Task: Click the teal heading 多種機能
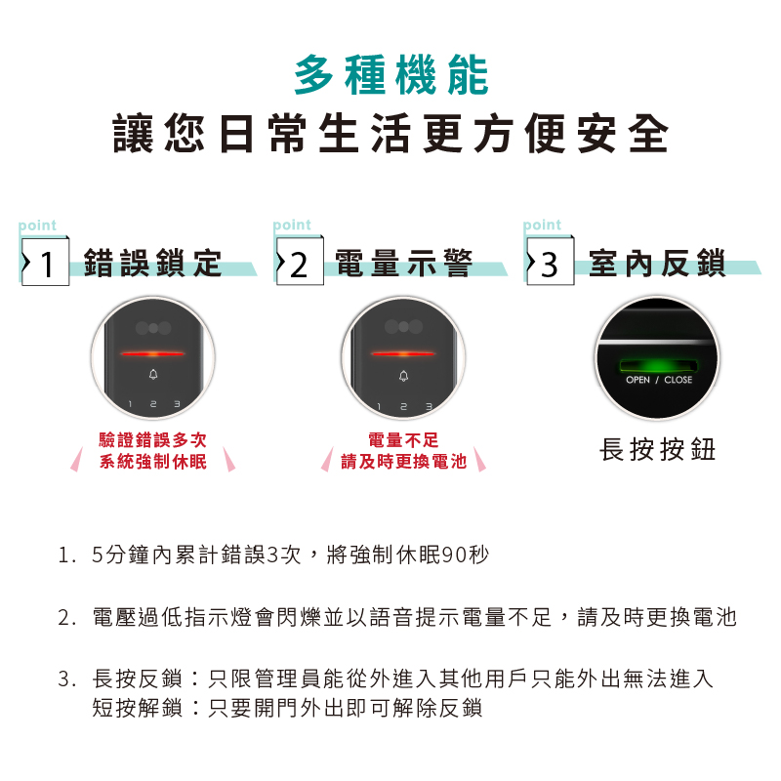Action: (391, 75)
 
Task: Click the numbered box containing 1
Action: (45, 262)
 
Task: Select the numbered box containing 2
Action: (300, 262)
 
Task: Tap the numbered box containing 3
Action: (551, 262)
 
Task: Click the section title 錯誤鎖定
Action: (152, 263)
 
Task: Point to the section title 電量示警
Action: (403, 263)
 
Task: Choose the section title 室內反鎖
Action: (657, 263)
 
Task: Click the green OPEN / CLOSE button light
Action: (658, 366)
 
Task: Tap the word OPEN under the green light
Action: (638, 380)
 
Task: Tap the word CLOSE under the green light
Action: (678, 380)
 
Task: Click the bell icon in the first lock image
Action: (153, 374)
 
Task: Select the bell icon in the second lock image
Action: (404, 376)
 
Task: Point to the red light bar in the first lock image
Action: (153, 354)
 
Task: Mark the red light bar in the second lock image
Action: (403, 354)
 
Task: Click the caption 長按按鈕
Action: (657, 449)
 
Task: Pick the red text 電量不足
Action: (403, 440)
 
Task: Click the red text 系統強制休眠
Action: (153, 462)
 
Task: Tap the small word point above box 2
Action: (292, 226)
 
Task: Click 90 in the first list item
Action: (454, 555)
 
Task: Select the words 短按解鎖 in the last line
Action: (138, 708)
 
